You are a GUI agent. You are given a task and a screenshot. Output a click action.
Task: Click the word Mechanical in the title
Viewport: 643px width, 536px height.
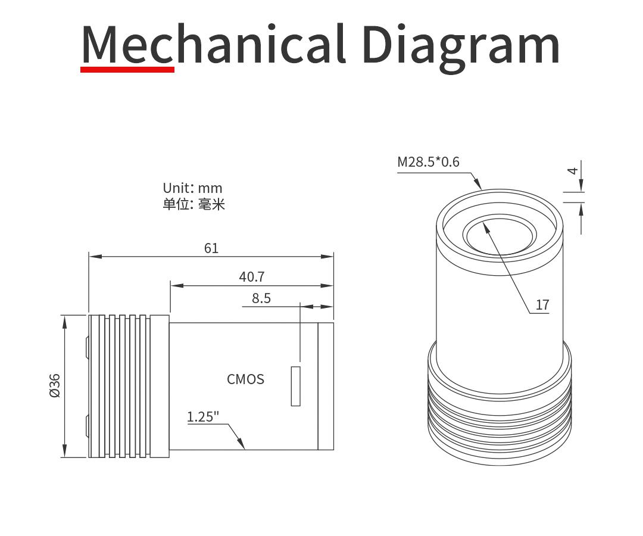(x=213, y=45)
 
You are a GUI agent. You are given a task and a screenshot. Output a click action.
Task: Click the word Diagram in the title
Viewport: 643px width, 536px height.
(x=461, y=45)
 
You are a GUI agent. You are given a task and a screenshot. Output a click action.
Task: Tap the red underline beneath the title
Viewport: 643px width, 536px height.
(x=127, y=69)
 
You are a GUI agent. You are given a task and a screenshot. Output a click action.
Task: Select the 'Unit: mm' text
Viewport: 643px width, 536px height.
(x=192, y=188)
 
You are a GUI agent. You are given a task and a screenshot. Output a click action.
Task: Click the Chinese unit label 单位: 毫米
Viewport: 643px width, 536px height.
(x=193, y=204)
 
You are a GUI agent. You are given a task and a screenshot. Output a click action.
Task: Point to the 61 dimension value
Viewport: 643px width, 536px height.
(x=211, y=248)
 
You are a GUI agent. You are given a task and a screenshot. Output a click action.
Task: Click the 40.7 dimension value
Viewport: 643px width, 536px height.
(x=251, y=276)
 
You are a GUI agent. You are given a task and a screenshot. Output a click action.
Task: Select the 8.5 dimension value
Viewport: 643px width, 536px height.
(x=261, y=298)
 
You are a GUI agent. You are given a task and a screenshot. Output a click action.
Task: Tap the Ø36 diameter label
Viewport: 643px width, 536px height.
(x=55, y=385)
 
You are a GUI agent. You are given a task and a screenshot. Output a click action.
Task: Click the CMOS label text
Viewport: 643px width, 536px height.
(x=245, y=379)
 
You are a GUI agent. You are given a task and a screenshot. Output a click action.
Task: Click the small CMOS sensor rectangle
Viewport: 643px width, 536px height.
(x=295, y=387)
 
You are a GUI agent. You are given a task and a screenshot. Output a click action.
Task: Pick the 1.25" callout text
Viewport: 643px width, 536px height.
(x=203, y=416)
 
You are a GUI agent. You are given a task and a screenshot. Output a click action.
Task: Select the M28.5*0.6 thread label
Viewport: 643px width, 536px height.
(x=428, y=161)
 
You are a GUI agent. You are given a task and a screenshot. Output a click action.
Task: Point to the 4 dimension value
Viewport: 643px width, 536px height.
(x=573, y=170)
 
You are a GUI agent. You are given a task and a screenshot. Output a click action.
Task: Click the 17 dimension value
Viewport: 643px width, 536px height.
(x=542, y=305)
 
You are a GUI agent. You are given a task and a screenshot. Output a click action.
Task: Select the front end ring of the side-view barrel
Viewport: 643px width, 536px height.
(x=325, y=386)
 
